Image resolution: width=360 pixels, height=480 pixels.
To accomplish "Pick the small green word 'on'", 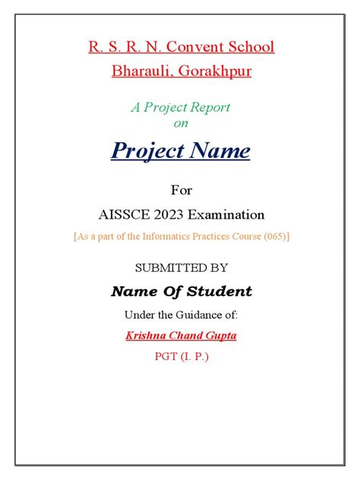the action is pos(180,122).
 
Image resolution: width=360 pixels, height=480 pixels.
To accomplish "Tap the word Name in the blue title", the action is pos(219,151).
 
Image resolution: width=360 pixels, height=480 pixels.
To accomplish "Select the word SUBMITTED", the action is pos(165,267).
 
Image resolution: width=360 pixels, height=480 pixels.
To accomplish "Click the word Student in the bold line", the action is pos(222,292).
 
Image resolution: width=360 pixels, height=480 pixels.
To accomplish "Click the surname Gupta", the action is pos(219,335).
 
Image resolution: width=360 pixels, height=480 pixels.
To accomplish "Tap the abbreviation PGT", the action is pos(166,355).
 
